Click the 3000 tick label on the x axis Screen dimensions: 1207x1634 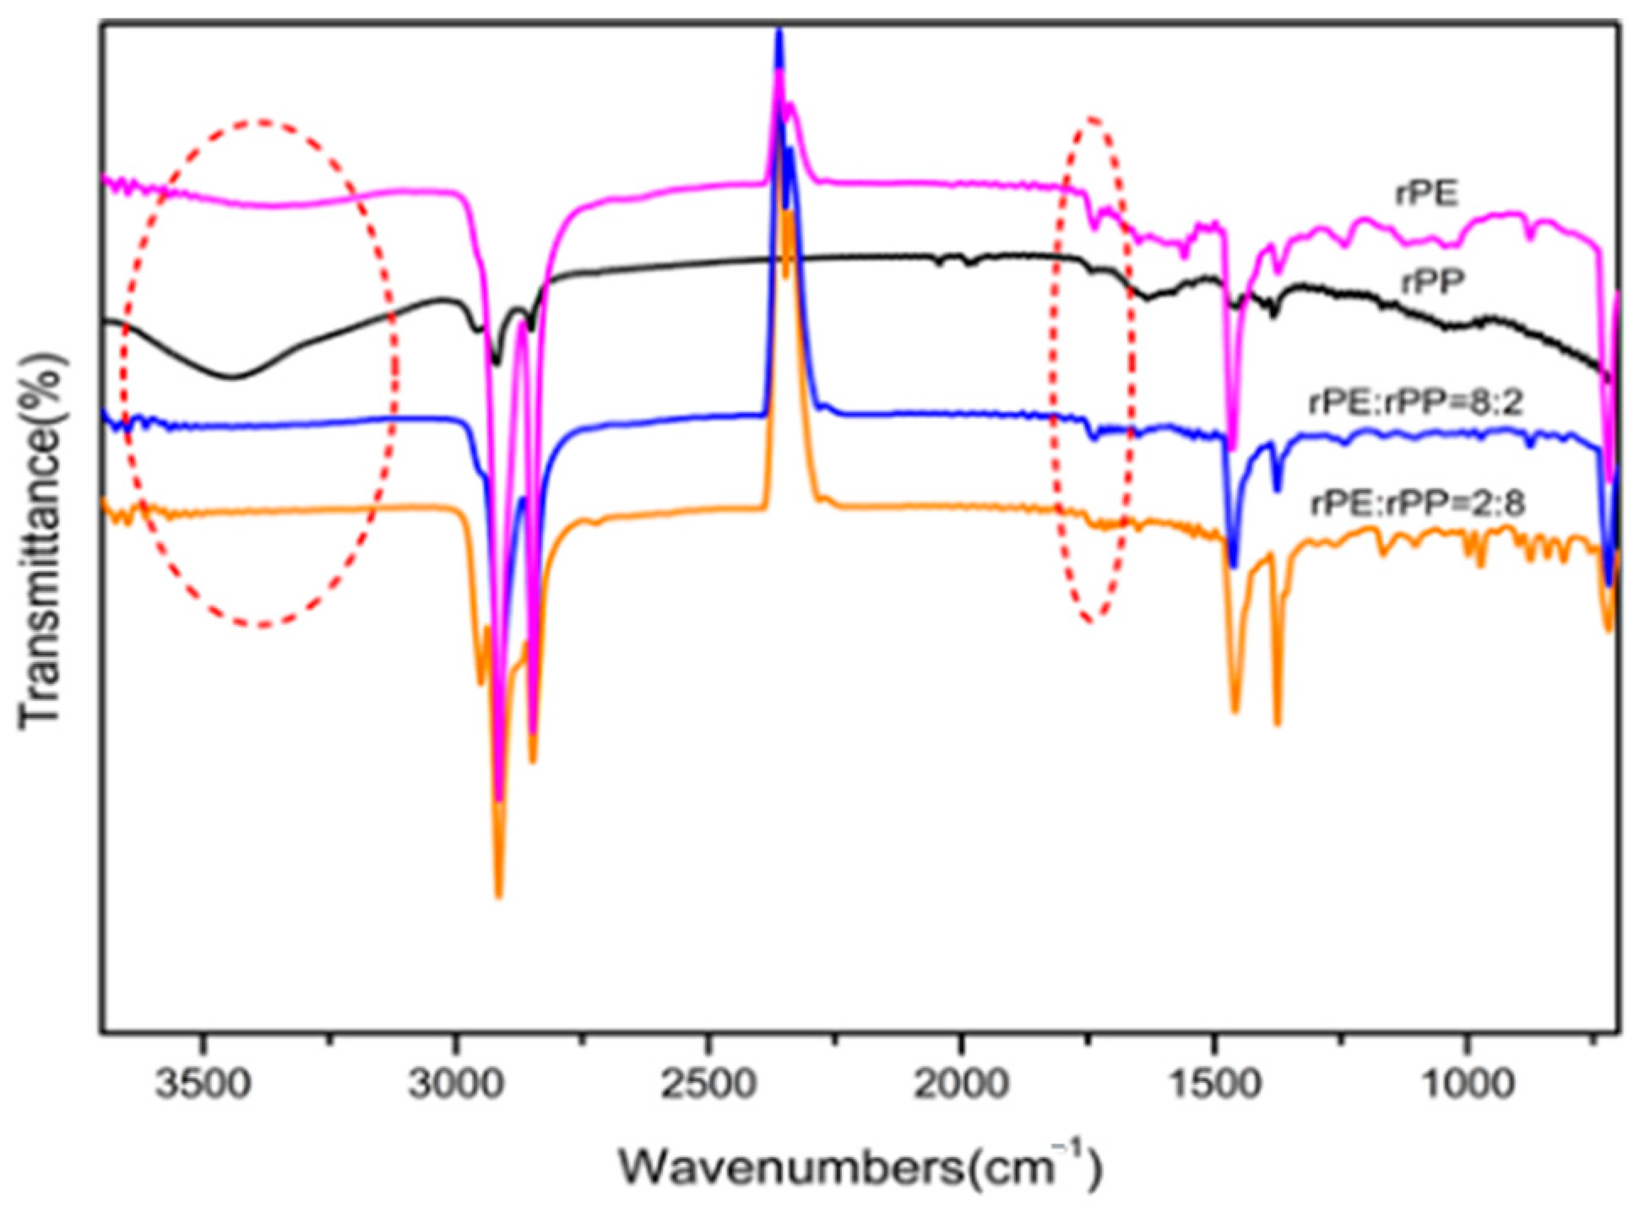(x=455, y=1083)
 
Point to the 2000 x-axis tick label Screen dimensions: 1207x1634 (x=960, y=1083)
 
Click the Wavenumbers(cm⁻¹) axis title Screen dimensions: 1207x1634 (x=860, y=1166)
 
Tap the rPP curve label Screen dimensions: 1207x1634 (x=1432, y=282)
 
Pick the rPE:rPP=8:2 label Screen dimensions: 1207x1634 (x=1415, y=402)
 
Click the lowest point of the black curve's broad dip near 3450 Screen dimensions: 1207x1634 (x=231, y=377)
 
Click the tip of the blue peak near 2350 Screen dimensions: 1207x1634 (x=779, y=32)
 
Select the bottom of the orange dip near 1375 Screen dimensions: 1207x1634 (x=1277, y=722)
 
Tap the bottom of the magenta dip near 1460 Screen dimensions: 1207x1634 (x=1233, y=448)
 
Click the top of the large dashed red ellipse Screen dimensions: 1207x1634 (x=262, y=122)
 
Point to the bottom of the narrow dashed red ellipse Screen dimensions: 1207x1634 (x=1091, y=622)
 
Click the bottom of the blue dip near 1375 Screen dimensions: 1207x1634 (x=1277, y=489)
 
